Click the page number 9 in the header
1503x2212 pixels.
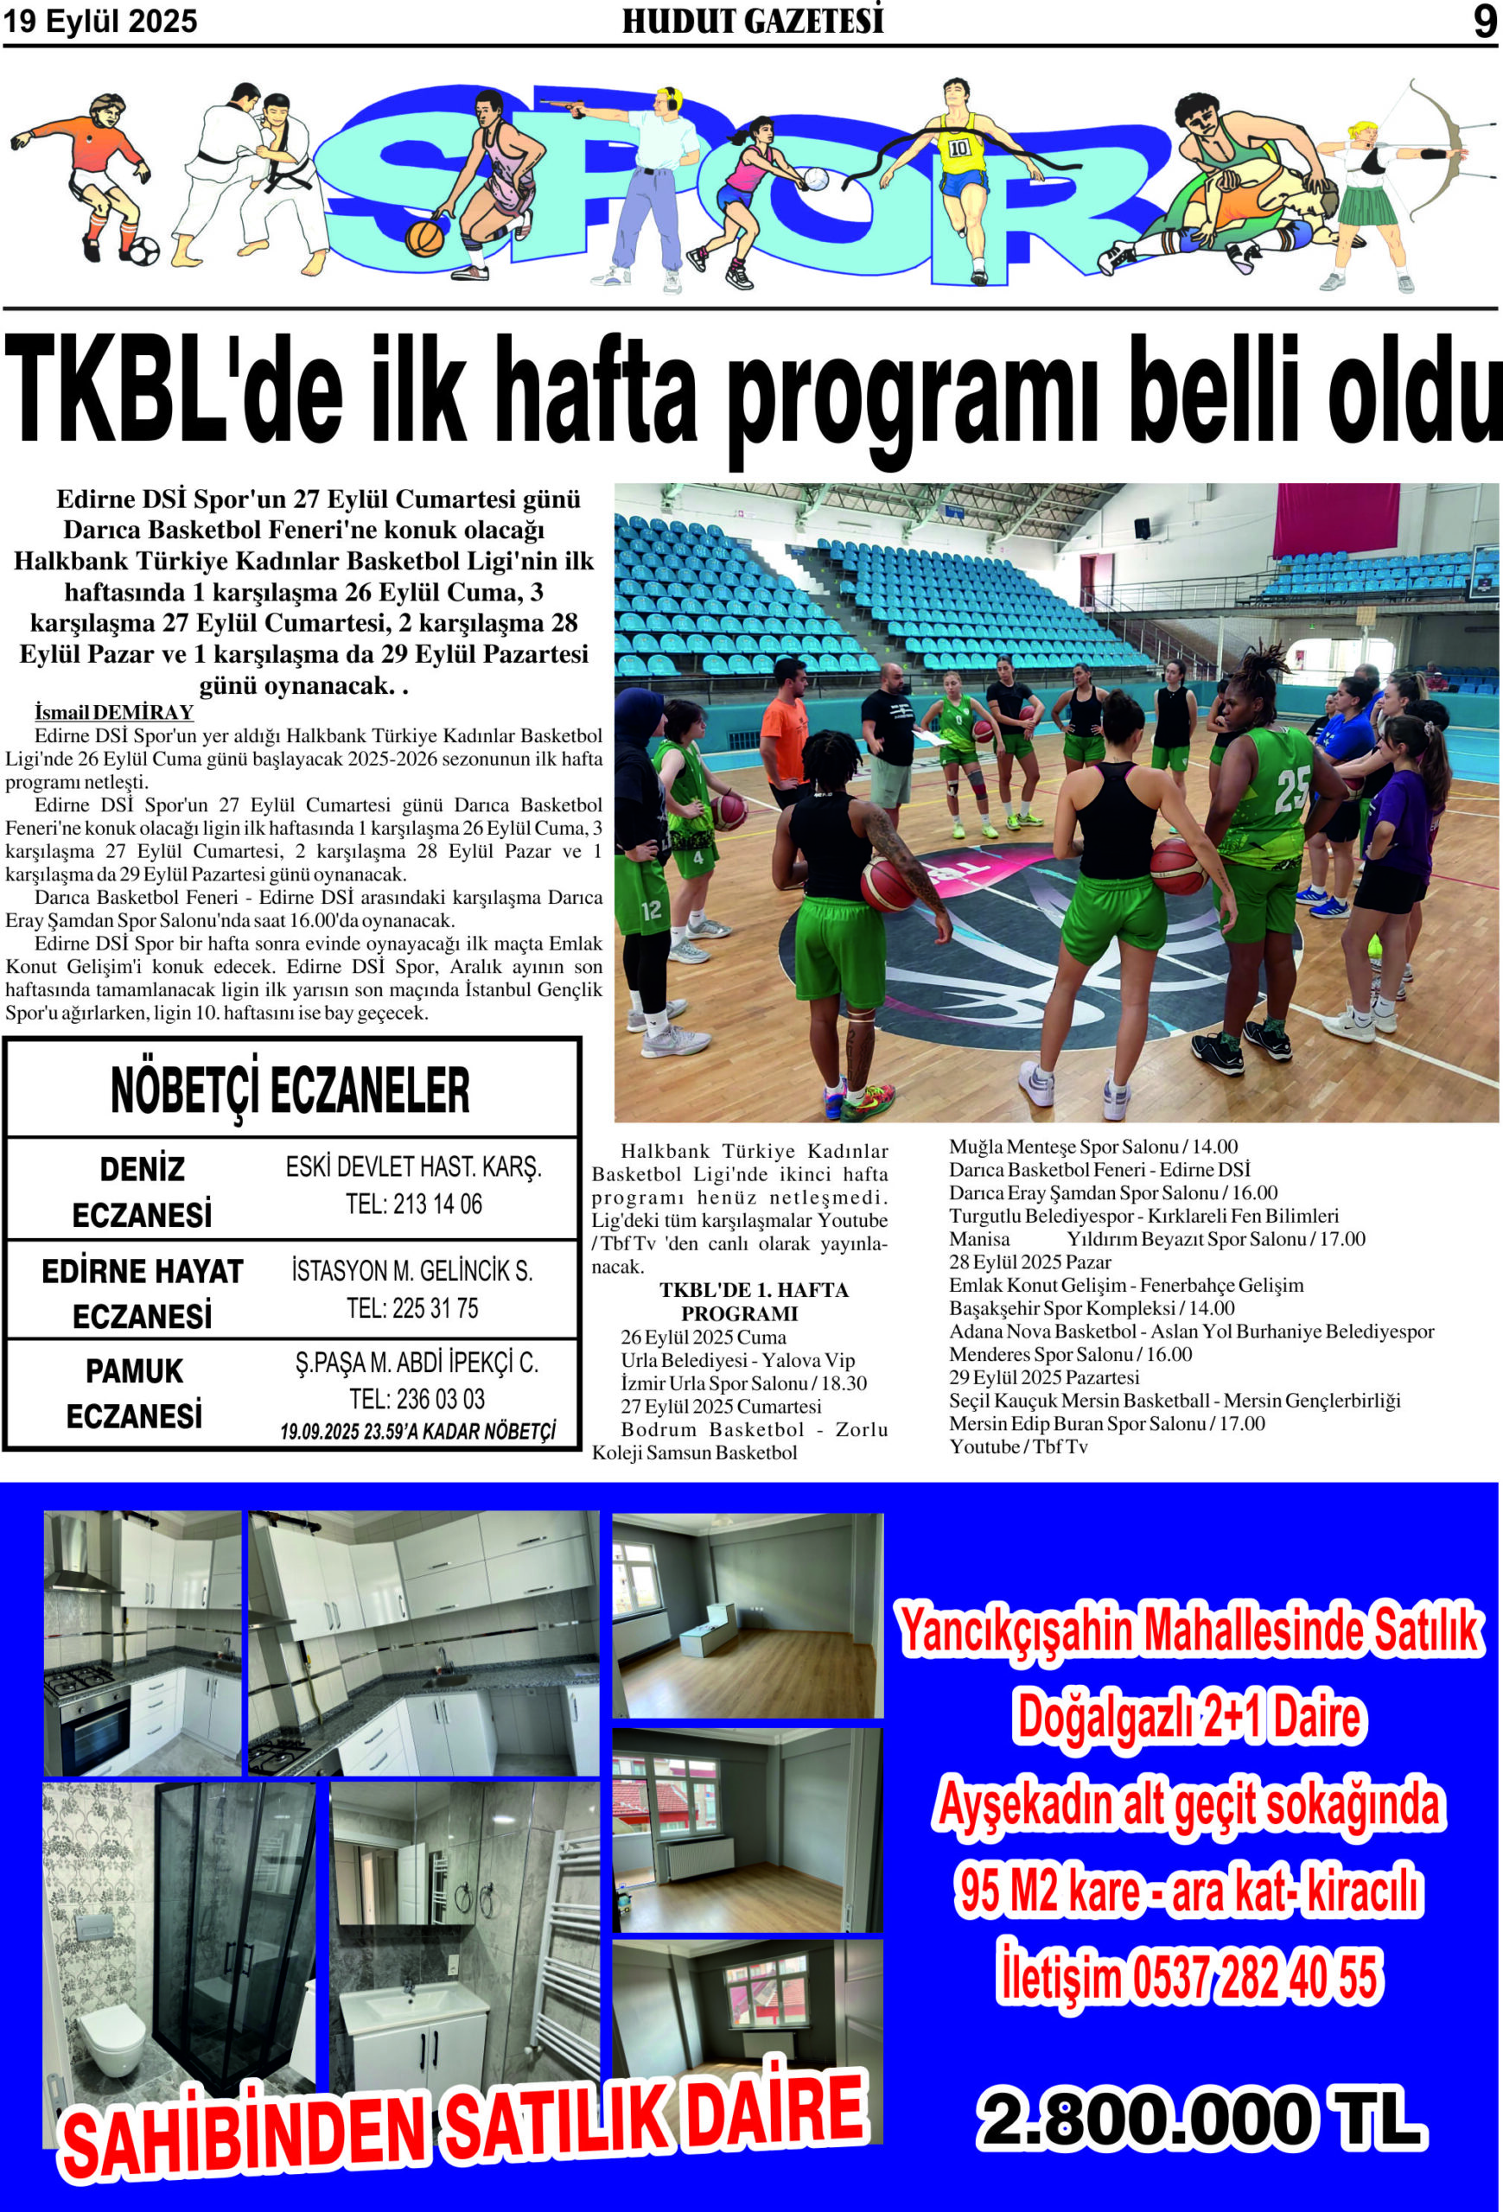(1484, 21)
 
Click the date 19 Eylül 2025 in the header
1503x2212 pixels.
(100, 21)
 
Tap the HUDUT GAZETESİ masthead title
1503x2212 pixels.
(752, 21)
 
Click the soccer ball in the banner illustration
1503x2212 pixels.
(143, 251)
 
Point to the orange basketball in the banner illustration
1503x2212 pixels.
(424, 237)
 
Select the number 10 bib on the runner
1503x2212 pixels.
(958, 148)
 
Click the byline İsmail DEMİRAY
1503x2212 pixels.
(114, 712)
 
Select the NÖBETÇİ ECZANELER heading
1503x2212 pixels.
(290, 1090)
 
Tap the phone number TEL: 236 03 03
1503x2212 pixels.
(417, 1398)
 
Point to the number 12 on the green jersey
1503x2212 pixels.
(651, 910)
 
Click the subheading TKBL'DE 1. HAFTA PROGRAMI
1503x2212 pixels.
(740, 1301)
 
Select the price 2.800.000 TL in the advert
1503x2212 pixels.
(1201, 2120)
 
